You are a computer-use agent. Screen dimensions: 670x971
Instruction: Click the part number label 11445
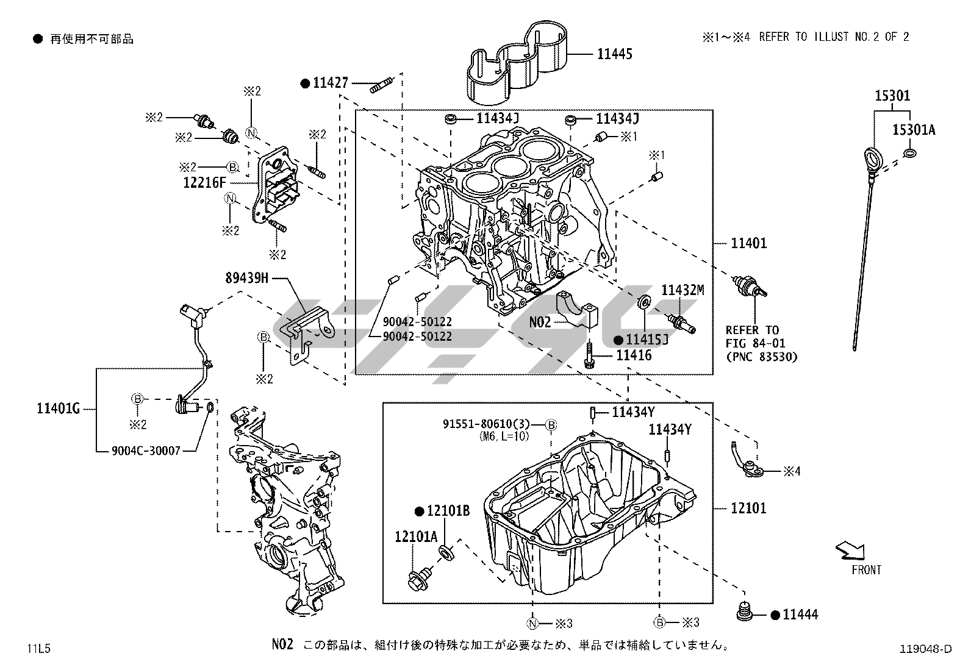[614, 54]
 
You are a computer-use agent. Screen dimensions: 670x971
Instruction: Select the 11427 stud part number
[331, 84]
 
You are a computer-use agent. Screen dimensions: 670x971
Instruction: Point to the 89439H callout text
[246, 278]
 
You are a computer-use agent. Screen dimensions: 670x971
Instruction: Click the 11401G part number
[59, 409]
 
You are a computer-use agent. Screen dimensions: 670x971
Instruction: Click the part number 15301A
[913, 130]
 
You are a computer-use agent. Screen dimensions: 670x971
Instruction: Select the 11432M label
[683, 291]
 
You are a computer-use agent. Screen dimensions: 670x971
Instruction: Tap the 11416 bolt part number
[634, 355]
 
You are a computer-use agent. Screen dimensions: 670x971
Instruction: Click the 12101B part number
[448, 511]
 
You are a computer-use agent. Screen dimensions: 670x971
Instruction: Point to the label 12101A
[416, 536]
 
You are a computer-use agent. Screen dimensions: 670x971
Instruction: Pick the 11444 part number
[800, 615]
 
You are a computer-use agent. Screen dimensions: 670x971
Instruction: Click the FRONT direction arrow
[850, 551]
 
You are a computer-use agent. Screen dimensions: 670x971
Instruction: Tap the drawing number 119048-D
[925, 649]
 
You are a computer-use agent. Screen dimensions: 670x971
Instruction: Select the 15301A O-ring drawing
[909, 152]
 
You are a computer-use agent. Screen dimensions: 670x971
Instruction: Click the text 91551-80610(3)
[487, 424]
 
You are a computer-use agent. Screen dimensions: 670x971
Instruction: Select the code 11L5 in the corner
[38, 649]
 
